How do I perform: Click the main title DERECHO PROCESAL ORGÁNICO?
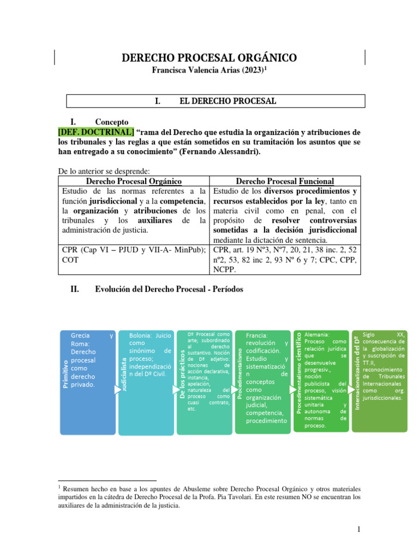(209, 58)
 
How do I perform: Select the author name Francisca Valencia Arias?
(199, 71)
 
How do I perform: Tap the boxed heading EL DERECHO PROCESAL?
(216, 101)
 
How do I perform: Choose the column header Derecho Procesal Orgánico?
(134, 181)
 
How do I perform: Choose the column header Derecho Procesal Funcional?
(285, 181)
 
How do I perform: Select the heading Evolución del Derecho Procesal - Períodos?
(169, 289)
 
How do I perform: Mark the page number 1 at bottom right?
(358, 530)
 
